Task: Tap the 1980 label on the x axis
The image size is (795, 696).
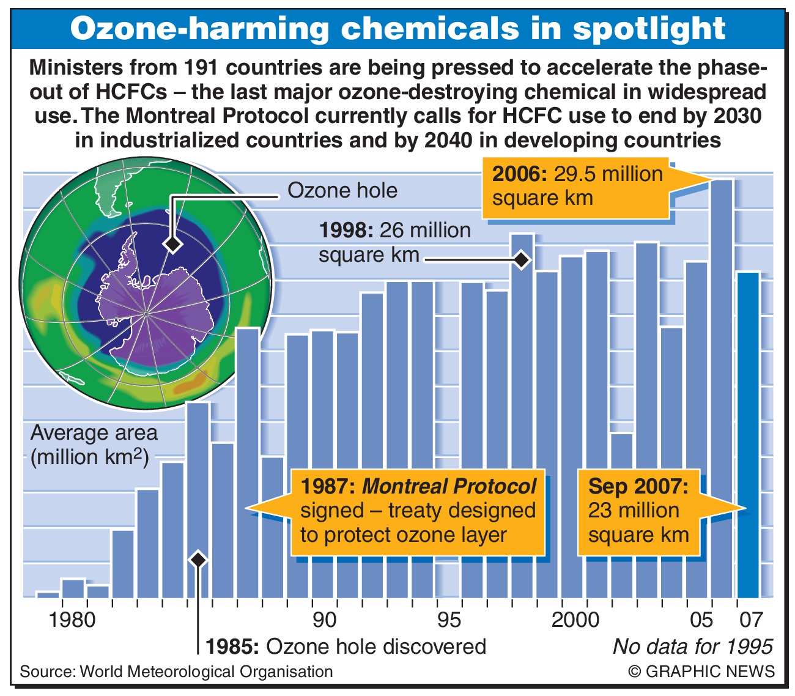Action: pyautogui.click(x=72, y=620)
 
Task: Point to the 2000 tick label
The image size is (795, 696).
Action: pyautogui.click(x=575, y=620)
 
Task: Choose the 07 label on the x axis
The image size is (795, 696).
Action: pyautogui.click(x=751, y=620)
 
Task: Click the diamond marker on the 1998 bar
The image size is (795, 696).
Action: pyautogui.click(x=521, y=260)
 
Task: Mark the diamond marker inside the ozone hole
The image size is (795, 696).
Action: pyautogui.click(x=173, y=244)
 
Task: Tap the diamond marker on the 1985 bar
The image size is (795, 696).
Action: pyautogui.click(x=198, y=559)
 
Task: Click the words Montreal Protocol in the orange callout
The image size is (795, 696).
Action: pyautogui.click(x=449, y=486)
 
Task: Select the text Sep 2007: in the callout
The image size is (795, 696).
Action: pyautogui.click(x=638, y=486)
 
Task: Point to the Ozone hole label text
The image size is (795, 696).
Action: pyautogui.click(x=342, y=191)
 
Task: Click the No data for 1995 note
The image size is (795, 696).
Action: pyautogui.click(x=692, y=646)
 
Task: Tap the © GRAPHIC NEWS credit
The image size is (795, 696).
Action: pyautogui.click(x=701, y=671)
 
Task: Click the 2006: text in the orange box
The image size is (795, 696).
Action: pyautogui.click(x=520, y=174)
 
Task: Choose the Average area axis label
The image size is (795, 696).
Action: pyautogui.click(x=94, y=433)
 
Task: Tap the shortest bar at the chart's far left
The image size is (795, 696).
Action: pyautogui.click(x=48, y=594)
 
